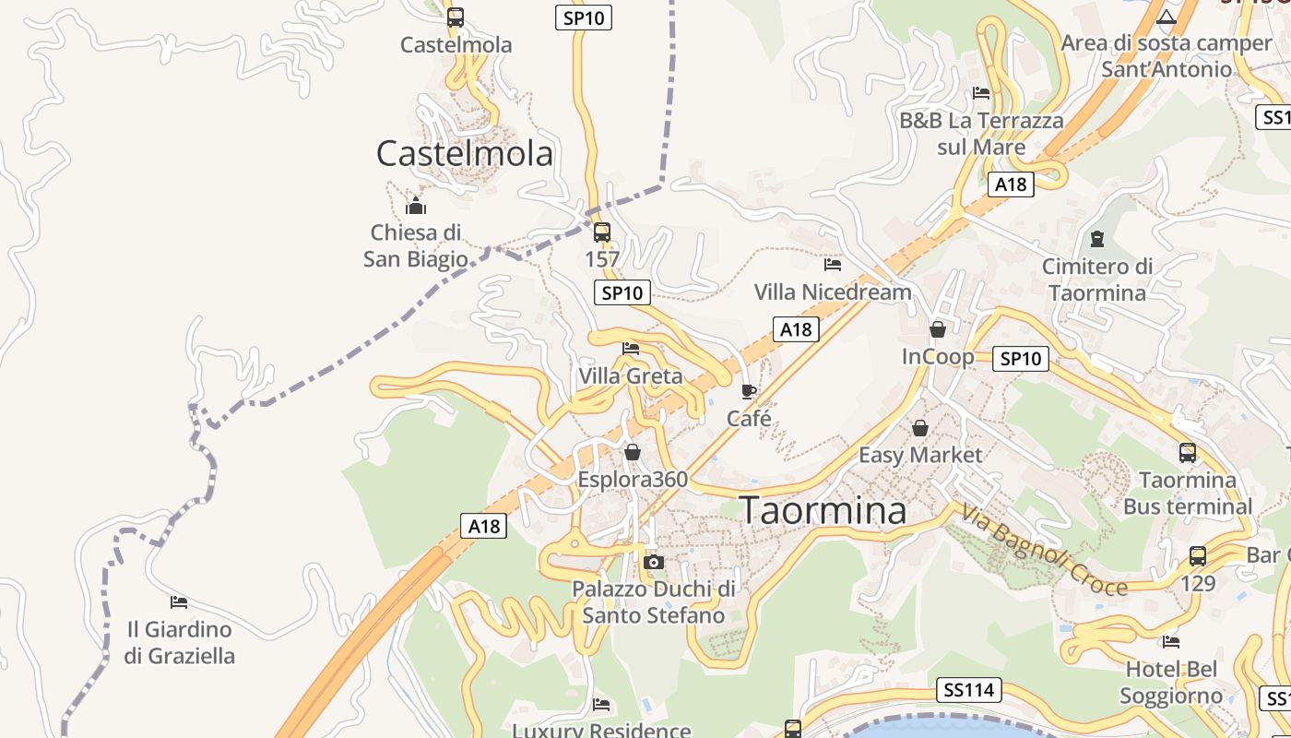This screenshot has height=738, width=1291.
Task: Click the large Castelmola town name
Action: tap(465, 153)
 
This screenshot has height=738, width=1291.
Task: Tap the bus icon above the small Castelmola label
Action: tap(455, 17)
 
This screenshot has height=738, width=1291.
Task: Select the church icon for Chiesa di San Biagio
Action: tap(416, 206)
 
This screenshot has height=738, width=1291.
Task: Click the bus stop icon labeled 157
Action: tap(602, 232)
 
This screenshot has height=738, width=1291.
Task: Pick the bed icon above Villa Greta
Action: tap(631, 349)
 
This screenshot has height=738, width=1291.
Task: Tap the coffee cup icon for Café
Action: tap(749, 391)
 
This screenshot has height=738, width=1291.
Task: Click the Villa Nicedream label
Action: tap(833, 292)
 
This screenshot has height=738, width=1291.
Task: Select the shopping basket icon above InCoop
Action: tap(938, 329)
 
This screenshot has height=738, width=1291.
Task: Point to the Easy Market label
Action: tap(920, 455)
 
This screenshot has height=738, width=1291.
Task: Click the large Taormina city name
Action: tap(823, 510)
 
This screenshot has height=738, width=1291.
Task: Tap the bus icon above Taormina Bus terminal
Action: tap(1188, 453)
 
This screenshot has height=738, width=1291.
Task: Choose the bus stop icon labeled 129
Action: tap(1197, 556)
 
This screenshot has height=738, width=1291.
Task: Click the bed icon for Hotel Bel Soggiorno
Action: tap(1171, 641)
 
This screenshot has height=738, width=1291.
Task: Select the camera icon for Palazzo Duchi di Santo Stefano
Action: tap(654, 562)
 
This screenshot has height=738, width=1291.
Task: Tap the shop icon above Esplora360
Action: tap(633, 452)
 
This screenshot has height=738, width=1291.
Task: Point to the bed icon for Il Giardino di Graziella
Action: tap(179, 602)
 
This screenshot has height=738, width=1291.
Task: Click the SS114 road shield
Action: tap(969, 689)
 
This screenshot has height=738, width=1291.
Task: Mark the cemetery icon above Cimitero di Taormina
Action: tap(1097, 239)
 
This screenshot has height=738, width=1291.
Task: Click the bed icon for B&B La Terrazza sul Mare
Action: tap(981, 93)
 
